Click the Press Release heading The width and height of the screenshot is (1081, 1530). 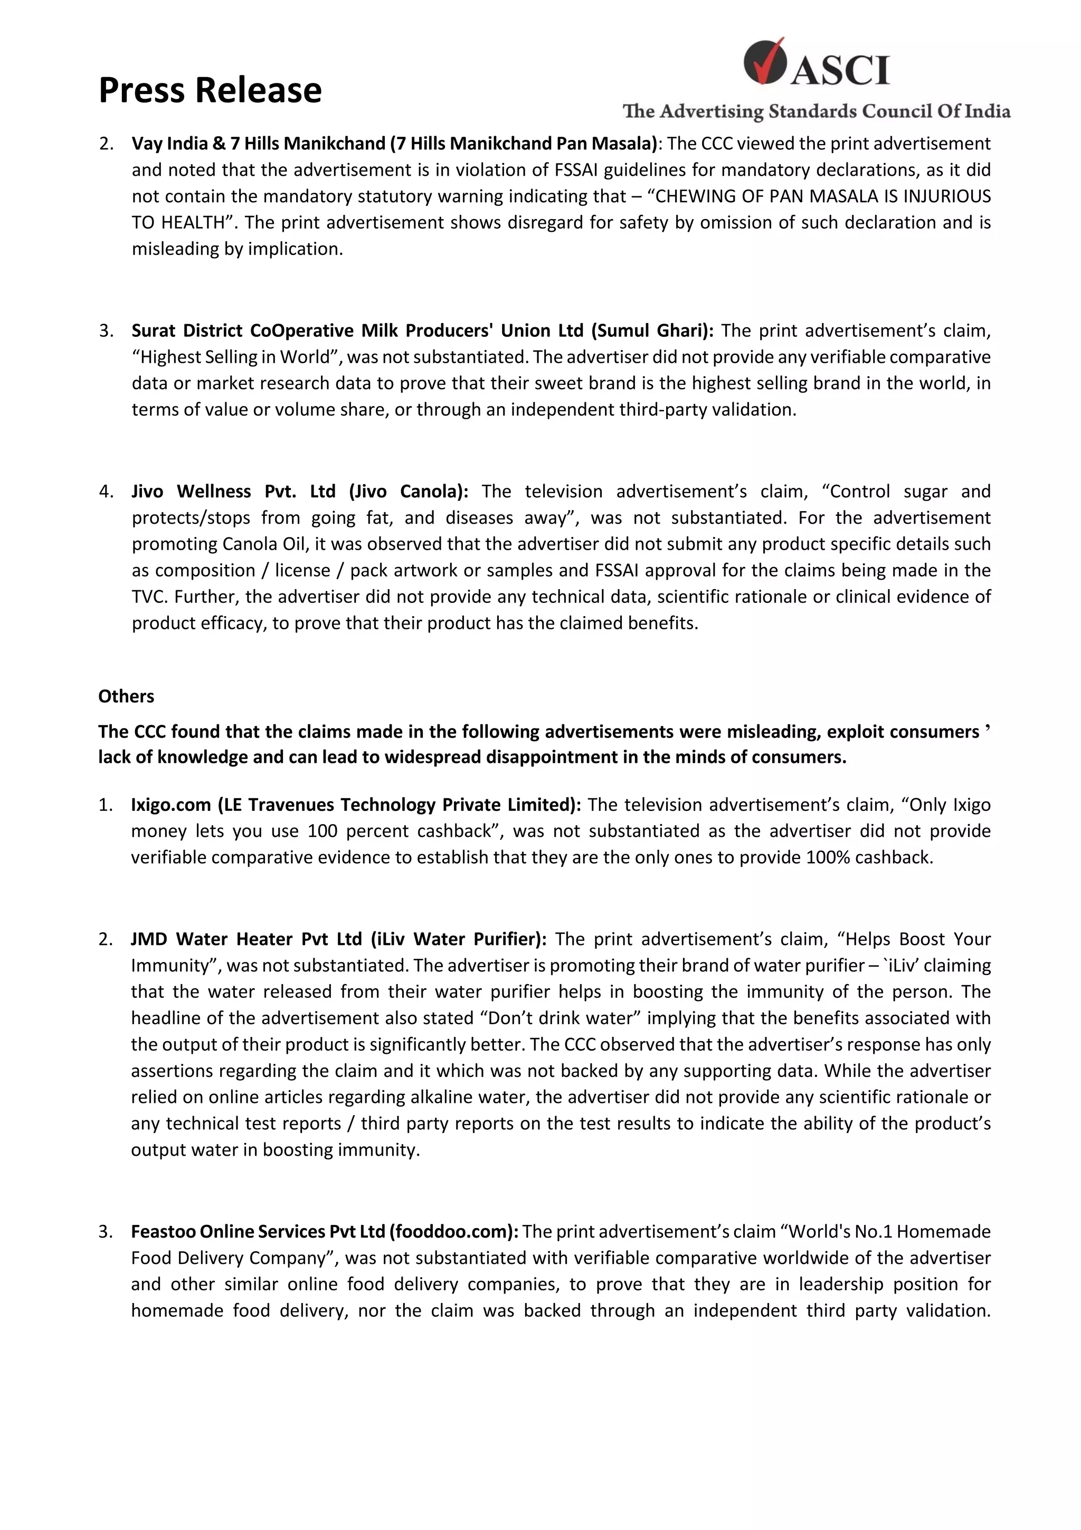coord(210,90)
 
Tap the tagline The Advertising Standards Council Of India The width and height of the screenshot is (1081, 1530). coord(816,111)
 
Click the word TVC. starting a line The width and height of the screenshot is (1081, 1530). coord(148,597)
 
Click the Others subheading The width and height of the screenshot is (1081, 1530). coord(126,696)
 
